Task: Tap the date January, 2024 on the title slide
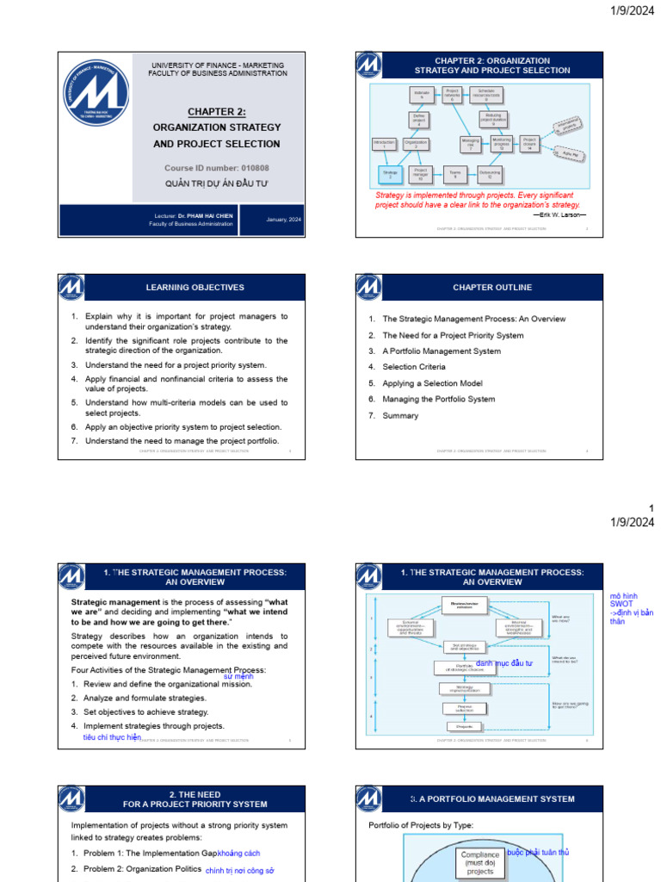point(283,220)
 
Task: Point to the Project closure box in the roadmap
point(530,144)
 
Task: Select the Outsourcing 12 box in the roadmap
point(490,175)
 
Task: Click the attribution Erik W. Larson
point(560,214)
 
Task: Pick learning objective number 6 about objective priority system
point(182,426)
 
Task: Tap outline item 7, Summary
point(400,416)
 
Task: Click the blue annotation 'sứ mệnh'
point(238,677)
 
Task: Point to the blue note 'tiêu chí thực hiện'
point(111,737)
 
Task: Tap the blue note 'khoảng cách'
point(239,853)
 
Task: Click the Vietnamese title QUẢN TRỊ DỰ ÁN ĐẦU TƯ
point(217,183)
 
